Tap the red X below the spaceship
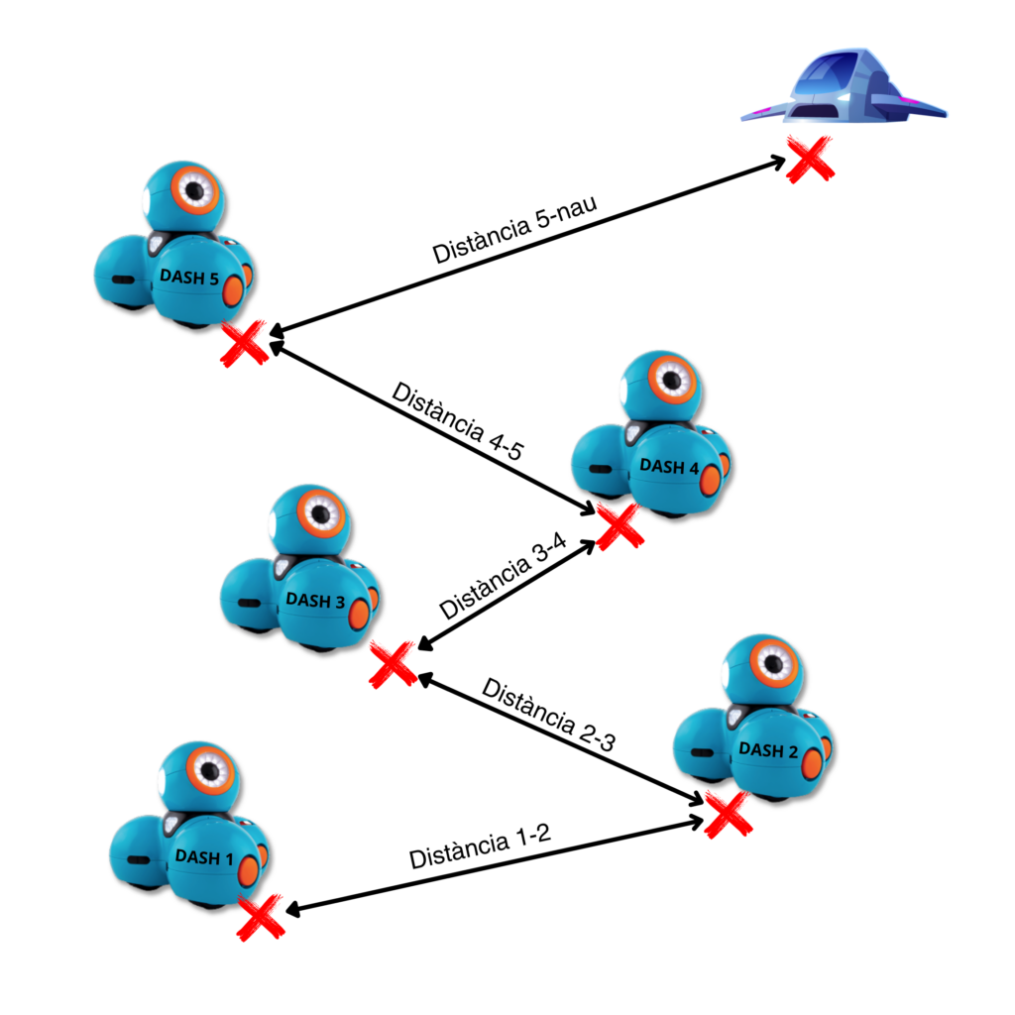click(x=809, y=159)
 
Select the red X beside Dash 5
click(x=244, y=342)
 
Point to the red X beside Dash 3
click(x=393, y=663)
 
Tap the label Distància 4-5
click(x=457, y=421)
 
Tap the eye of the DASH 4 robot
click(x=672, y=378)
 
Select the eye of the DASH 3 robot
click(x=320, y=512)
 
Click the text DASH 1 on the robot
click(x=203, y=856)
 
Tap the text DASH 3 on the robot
click(x=315, y=600)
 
